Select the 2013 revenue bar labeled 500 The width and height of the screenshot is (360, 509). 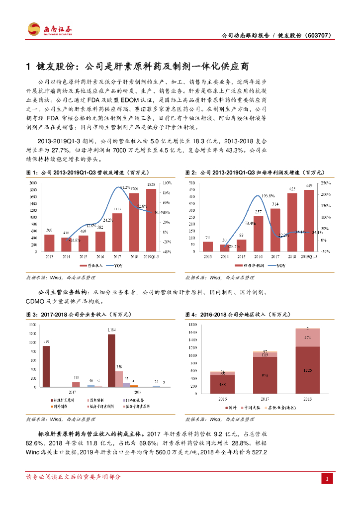[49, 243]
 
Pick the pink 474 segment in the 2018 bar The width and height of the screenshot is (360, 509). [308, 338]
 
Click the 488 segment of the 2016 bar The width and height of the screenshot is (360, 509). [222, 384]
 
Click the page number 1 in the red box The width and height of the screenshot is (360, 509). [327, 478]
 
